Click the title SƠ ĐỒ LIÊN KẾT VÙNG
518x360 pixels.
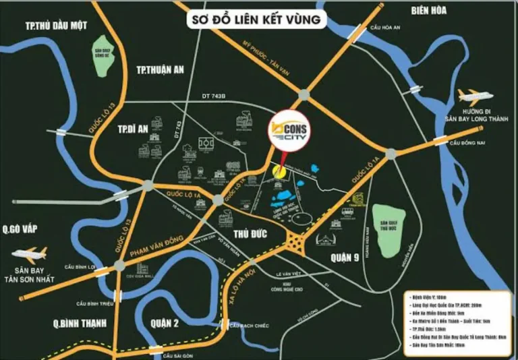tap(256, 20)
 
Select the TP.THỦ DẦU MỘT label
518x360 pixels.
tap(57, 26)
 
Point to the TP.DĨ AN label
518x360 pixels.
tap(132, 129)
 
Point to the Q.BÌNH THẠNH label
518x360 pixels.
tap(80, 324)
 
